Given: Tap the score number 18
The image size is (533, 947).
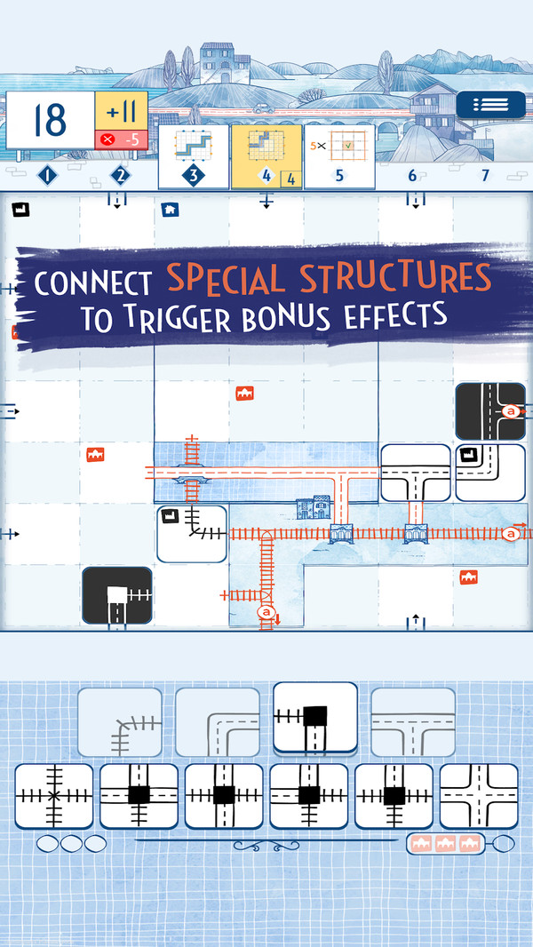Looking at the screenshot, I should [51, 120].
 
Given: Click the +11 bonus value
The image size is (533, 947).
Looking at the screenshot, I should [121, 112].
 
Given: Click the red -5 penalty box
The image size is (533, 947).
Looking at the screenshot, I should [121, 139].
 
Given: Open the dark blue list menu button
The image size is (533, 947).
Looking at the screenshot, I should [490, 105].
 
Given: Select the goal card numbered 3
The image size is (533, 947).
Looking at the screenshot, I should [193, 156].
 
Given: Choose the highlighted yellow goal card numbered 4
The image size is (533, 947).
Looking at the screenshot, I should [266, 156].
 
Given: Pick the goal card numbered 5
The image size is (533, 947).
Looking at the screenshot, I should [339, 156].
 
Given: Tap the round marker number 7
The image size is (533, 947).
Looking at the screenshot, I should [485, 176].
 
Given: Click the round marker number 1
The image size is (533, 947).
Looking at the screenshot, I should [47, 175].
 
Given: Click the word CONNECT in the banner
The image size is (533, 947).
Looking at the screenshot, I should [94, 283].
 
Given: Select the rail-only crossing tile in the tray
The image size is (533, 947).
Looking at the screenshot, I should [53, 795].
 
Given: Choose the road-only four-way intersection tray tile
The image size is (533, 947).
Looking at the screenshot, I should [480, 795].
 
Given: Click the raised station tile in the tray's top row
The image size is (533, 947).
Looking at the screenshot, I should [314, 719].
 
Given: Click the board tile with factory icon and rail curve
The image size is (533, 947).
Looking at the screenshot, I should [191, 534].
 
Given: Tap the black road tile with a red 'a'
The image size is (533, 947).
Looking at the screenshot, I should [490, 411].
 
